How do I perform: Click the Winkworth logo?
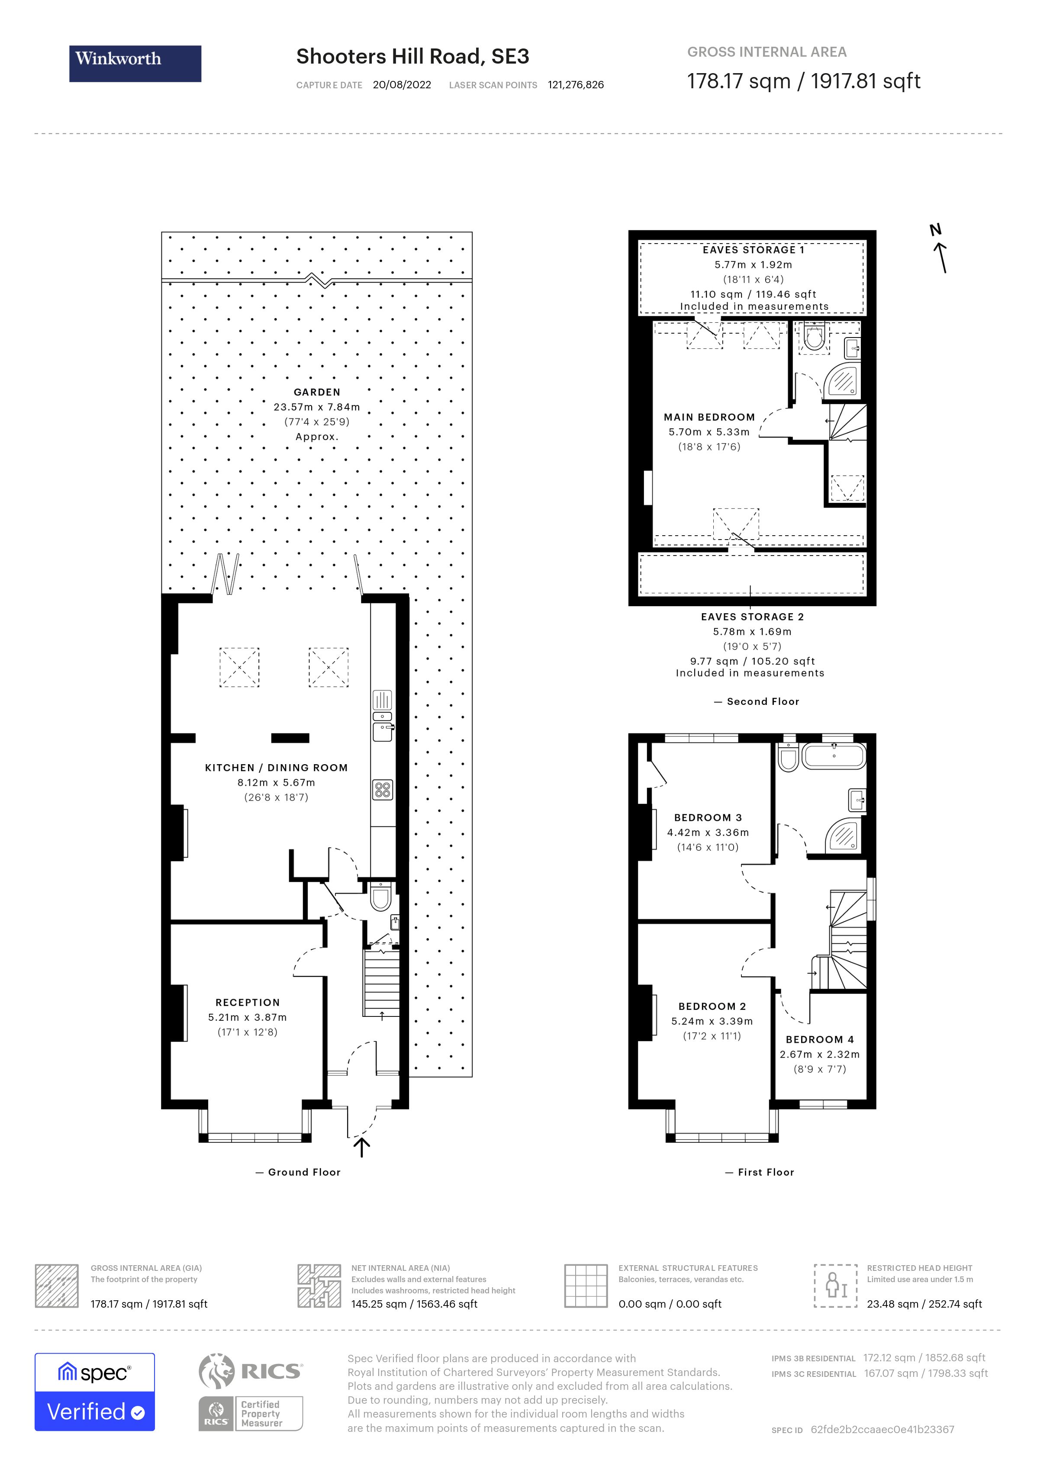pyautogui.click(x=135, y=63)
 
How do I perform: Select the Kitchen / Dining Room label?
pyautogui.click(x=276, y=768)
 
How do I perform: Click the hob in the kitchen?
pyautogui.click(x=383, y=790)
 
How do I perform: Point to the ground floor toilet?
pyautogui.click(x=380, y=897)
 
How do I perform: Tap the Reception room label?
pyautogui.click(x=247, y=1003)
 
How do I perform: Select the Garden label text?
pyautogui.click(x=317, y=392)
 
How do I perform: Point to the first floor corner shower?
pyautogui.click(x=844, y=834)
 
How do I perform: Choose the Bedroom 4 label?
pyautogui.click(x=819, y=1039)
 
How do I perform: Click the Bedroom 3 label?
pyautogui.click(x=708, y=817)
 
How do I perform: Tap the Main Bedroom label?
pyautogui.click(x=709, y=417)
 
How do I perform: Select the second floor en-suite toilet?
pyautogui.click(x=814, y=337)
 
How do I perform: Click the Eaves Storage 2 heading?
pyautogui.click(x=752, y=617)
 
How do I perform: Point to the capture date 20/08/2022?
pyautogui.click(x=402, y=85)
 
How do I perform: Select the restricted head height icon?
pyautogui.click(x=835, y=1285)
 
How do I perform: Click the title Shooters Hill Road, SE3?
pyautogui.click(x=412, y=57)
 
